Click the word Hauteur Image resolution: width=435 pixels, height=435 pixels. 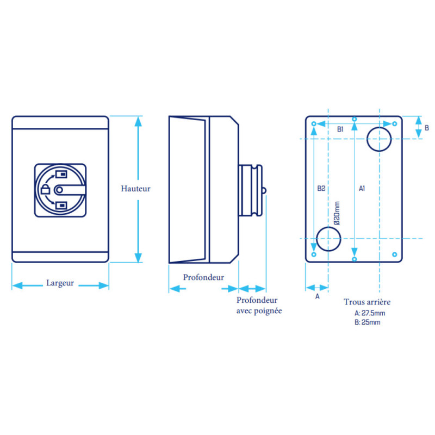tap(135, 189)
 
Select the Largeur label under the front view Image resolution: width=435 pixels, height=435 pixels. tap(60, 283)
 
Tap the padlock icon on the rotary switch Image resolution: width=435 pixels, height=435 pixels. tap(45, 189)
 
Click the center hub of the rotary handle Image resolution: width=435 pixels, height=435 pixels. tap(59, 190)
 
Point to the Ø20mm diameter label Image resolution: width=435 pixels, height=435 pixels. tap(337, 213)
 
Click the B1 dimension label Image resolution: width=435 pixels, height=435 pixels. tap(340, 129)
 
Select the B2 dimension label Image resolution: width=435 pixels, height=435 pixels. tap(321, 189)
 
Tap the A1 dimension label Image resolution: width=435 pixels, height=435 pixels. tap(362, 189)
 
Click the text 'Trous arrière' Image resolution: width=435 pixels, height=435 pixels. tap(366, 302)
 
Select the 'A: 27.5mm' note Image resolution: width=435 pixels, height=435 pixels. tap(370, 313)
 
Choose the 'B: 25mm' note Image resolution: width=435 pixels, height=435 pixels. tap(368, 322)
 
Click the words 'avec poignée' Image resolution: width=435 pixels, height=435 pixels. tap(259, 310)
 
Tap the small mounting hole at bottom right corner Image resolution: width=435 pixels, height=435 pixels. tap(395, 254)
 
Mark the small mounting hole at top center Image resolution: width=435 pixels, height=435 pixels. tap(355, 119)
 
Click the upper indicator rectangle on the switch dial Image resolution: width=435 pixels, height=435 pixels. tap(61, 174)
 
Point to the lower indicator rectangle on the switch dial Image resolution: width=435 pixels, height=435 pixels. tap(61, 206)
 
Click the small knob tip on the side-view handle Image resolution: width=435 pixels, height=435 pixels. tap(264, 191)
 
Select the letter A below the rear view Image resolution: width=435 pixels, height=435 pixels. tap(318, 296)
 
